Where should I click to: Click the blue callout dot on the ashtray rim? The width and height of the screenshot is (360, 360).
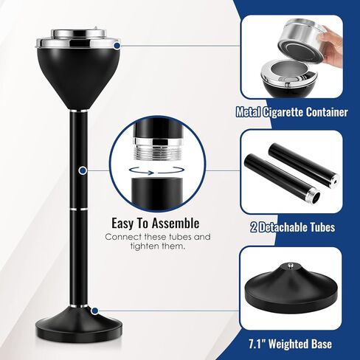[x=117, y=46]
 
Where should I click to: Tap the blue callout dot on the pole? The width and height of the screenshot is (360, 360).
[x=83, y=170]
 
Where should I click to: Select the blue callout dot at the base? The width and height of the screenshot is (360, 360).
[x=94, y=311]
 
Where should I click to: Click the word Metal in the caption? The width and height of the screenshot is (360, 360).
[x=248, y=112]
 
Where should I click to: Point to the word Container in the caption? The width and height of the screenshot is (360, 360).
[x=327, y=112]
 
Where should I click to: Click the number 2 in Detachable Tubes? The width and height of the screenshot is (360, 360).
[x=254, y=227]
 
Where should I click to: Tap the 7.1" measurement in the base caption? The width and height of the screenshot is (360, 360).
[x=257, y=344]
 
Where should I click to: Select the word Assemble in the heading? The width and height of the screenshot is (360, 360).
[x=175, y=224]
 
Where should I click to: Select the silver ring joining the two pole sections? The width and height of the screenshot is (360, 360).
[x=79, y=210]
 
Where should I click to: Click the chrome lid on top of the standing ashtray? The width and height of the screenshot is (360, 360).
[x=79, y=39]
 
